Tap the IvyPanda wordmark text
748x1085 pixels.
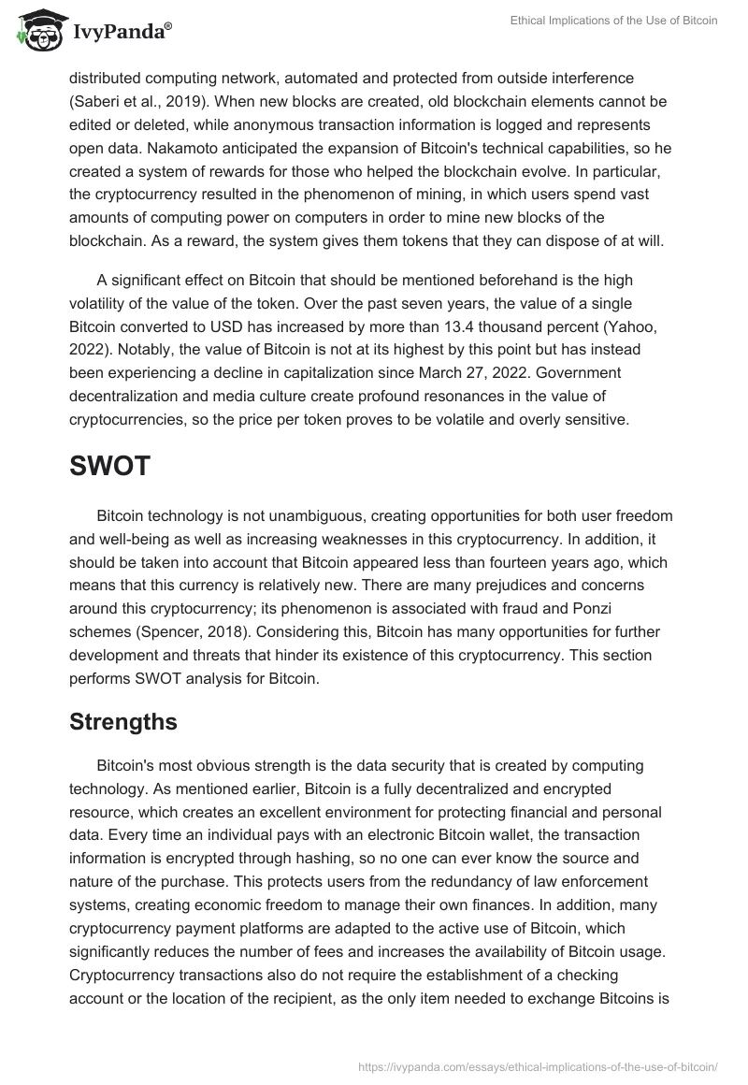point(122,32)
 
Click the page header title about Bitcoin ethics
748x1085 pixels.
point(612,21)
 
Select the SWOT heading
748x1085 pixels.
point(109,467)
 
